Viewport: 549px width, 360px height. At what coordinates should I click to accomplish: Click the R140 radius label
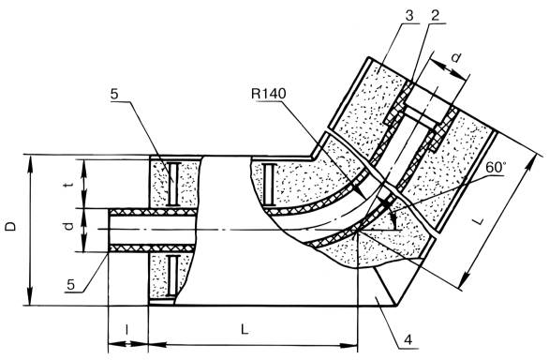(269, 94)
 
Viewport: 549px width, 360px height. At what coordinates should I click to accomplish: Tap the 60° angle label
(496, 168)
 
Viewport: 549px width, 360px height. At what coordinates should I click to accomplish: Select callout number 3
(409, 15)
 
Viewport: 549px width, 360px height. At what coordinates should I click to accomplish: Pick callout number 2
(435, 15)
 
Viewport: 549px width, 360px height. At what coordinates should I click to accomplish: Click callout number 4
(408, 339)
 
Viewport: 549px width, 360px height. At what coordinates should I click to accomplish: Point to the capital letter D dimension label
(11, 227)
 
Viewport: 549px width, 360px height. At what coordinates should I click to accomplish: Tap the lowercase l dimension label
(127, 329)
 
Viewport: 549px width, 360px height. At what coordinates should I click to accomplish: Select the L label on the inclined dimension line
(479, 220)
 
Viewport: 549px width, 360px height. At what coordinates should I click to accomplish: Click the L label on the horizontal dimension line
(245, 329)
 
